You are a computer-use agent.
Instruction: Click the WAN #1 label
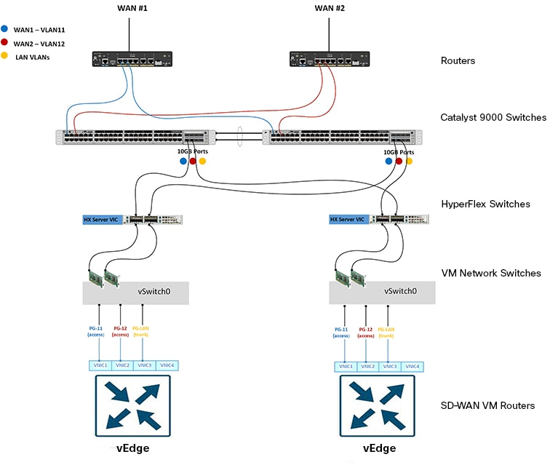pyautogui.click(x=129, y=8)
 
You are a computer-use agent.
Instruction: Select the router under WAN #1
pyautogui.click(x=132, y=60)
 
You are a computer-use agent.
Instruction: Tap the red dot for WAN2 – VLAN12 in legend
pyautogui.click(x=6, y=44)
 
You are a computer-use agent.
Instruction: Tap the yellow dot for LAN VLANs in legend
pyautogui.click(x=6, y=56)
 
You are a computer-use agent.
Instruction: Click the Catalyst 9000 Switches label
pyautogui.click(x=493, y=117)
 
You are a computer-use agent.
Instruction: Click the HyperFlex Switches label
pyautogui.click(x=485, y=204)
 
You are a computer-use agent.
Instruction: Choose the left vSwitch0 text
pyautogui.click(x=155, y=290)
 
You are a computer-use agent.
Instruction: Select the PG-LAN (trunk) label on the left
pyautogui.click(x=142, y=332)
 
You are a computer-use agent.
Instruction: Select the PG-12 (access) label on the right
pyautogui.click(x=365, y=332)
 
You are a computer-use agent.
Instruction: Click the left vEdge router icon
pyautogui.click(x=132, y=405)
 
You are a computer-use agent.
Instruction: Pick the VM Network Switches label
pyautogui.click(x=491, y=273)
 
